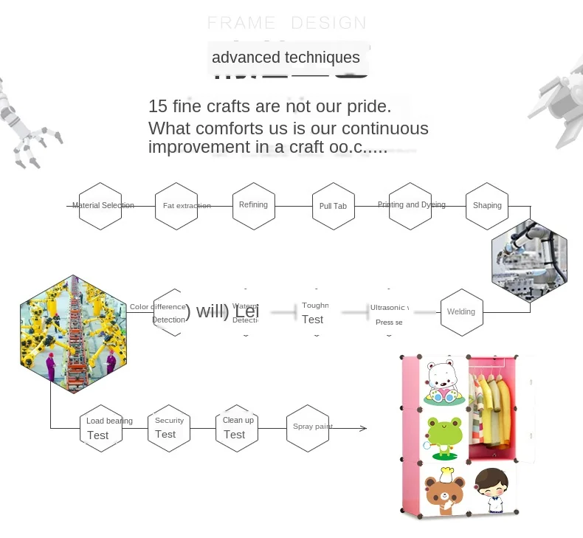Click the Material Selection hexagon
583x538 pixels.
point(100,206)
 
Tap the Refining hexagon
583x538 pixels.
point(254,205)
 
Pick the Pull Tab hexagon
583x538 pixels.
point(333,207)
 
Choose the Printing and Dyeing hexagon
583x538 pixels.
point(410,206)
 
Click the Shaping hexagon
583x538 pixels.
point(487,206)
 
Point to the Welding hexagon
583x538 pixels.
point(461,311)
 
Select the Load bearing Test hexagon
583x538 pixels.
point(100,428)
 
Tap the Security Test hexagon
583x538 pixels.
point(169,428)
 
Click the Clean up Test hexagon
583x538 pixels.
point(238,428)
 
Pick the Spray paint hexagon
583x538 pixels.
point(308,428)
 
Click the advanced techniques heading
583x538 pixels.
point(286,58)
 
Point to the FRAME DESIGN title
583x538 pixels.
point(286,23)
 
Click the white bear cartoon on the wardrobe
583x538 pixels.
point(444,382)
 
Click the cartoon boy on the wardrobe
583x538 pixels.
point(491,488)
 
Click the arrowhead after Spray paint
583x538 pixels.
point(363,428)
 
